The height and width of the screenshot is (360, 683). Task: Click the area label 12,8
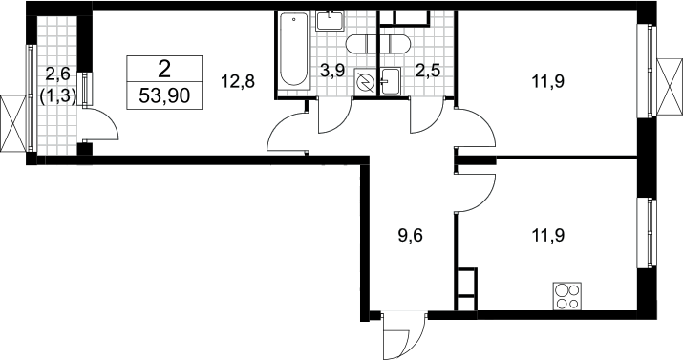(x=238, y=81)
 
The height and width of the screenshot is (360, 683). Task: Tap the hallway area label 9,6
(x=411, y=236)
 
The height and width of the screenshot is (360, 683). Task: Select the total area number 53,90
(x=164, y=95)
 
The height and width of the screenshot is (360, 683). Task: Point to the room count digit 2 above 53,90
(x=164, y=70)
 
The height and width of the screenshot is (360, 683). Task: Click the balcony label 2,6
(x=57, y=74)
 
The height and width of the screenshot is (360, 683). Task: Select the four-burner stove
(x=567, y=296)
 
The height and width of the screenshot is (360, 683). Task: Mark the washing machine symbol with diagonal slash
(x=364, y=81)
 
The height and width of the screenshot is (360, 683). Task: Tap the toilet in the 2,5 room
(x=395, y=44)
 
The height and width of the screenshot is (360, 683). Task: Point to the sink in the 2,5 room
(x=391, y=81)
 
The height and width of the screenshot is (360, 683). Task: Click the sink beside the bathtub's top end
(x=331, y=20)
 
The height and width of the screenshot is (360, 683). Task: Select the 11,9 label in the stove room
(x=548, y=236)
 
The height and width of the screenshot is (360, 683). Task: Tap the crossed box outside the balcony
(x=12, y=123)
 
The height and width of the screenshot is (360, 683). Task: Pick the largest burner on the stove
(x=561, y=290)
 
